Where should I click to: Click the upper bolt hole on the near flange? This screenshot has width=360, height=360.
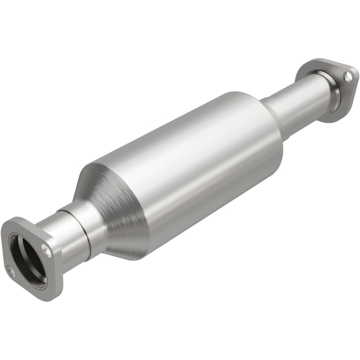46,247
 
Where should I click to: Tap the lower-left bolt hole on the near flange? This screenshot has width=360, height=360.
9,270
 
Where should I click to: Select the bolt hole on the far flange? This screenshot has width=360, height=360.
348,77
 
